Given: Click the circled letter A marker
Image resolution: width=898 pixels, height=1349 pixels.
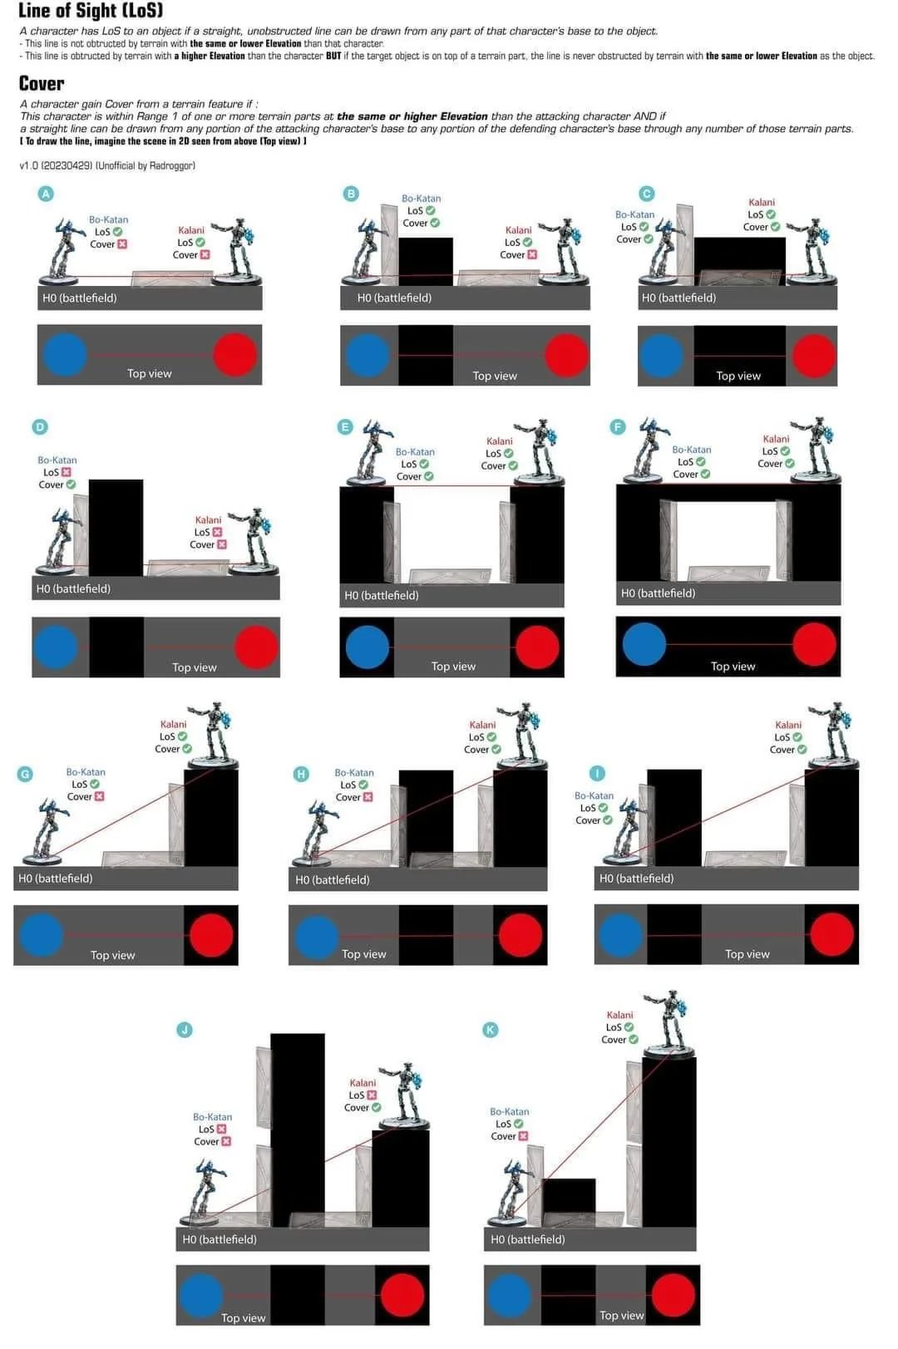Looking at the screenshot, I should [47, 194].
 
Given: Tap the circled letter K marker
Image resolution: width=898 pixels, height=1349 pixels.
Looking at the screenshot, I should [491, 1030].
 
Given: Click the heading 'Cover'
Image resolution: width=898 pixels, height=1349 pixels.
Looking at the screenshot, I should [42, 84].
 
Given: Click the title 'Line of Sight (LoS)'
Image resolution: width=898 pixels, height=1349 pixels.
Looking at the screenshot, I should [91, 11].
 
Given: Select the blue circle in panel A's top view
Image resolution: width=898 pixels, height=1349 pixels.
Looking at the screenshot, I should [64, 354].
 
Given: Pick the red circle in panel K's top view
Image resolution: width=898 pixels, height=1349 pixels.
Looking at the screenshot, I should [673, 1295].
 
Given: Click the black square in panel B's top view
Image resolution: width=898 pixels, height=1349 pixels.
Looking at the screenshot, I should [426, 355].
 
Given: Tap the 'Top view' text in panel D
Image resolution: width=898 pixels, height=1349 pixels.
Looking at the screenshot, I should [194, 667].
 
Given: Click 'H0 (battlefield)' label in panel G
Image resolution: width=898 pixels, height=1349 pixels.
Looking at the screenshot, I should [56, 879].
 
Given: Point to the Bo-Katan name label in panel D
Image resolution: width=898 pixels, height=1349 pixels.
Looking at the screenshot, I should [57, 460].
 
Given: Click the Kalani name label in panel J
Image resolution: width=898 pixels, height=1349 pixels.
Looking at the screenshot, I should [363, 1083].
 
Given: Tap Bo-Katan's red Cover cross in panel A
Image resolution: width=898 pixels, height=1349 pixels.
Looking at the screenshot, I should [122, 244].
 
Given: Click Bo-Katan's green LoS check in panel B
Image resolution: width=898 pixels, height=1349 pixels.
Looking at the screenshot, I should [431, 210].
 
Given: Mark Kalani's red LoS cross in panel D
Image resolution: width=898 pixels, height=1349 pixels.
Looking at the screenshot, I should [217, 532].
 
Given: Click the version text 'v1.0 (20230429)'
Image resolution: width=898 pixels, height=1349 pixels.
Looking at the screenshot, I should [55, 166].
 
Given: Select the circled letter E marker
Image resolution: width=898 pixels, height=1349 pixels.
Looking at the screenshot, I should [345, 427].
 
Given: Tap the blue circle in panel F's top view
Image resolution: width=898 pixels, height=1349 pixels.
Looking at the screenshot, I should [644, 644].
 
